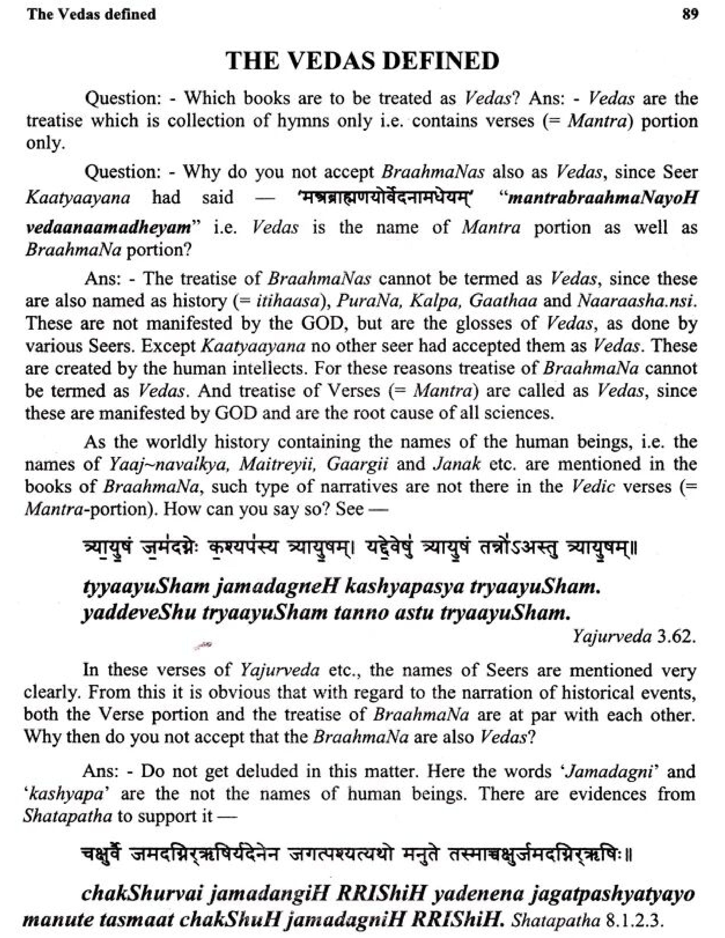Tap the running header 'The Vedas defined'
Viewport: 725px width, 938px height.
coord(91,14)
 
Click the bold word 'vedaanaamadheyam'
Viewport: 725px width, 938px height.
coord(108,227)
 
